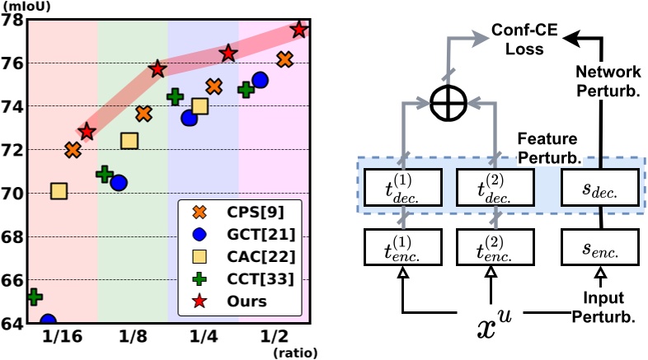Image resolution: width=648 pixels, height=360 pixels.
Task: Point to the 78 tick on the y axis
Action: tap(11, 20)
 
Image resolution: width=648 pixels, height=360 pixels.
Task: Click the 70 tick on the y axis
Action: tap(11, 194)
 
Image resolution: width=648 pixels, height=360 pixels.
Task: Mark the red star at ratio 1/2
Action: tap(299, 30)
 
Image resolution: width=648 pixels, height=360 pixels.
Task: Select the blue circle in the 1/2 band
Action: tap(261, 80)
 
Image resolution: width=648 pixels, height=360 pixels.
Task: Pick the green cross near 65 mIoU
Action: tap(35, 296)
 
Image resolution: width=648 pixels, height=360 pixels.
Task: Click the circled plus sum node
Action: tap(449, 103)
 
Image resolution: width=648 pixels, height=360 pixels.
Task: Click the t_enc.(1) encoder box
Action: tap(401, 245)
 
